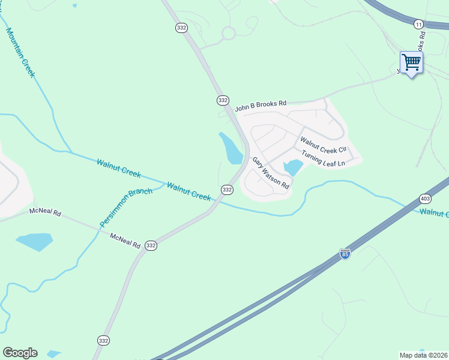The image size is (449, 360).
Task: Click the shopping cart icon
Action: (x=411, y=62)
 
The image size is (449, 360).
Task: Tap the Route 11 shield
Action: (x=418, y=23)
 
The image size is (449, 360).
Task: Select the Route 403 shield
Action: (x=426, y=199)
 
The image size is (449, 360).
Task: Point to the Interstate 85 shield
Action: (x=345, y=254)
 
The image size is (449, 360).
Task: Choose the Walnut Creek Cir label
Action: (x=324, y=145)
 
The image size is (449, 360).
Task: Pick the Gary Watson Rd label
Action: (x=271, y=173)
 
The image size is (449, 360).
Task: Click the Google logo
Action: (x=20, y=353)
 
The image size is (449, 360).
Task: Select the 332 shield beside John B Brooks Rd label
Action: (x=223, y=100)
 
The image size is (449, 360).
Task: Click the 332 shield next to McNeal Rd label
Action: (x=151, y=245)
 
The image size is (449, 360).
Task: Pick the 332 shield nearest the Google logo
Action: (x=103, y=340)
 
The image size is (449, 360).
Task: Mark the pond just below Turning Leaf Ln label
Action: (x=293, y=167)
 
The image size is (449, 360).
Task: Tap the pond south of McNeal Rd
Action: (x=34, y=242)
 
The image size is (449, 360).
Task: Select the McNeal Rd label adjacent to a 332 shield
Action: (x=125, y=241)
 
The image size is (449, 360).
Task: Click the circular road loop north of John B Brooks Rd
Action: (x=228, y=33)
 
